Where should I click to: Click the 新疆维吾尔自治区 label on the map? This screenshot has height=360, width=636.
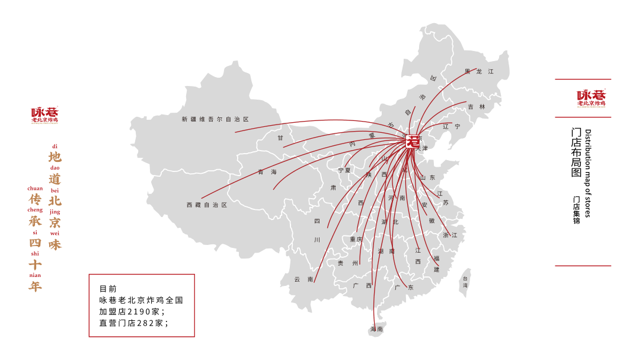(x=215, y=119)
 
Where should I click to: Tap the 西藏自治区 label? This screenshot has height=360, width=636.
(x=207, y=205)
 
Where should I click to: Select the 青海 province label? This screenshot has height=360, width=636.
(x=267, y=172)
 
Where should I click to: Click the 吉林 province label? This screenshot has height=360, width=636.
(x=476, y=107)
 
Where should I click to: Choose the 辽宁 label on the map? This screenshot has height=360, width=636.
(x=451, y=126)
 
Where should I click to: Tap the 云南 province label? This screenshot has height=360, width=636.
(x=303, y=279)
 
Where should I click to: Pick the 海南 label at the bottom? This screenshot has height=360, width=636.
(x=376, y=329)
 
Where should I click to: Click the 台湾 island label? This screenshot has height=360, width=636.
(x=465, y=282)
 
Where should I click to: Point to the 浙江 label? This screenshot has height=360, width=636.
(x=450, y=235)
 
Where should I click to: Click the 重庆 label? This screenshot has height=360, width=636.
(x=356, y=240)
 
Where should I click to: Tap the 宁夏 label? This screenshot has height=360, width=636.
(x=344, y=170)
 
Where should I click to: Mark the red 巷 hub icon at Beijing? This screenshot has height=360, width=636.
(x=413, y=142)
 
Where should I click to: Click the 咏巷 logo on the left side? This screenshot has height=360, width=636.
(x=45, y=114)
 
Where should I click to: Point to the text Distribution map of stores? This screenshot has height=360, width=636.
(x=588, y=173)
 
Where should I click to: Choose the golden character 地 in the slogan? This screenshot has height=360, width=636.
(x=55, y=157)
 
